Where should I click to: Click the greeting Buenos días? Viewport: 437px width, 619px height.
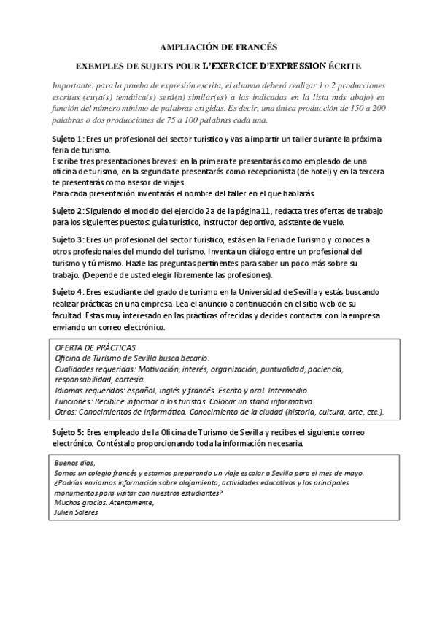pyautogui.click(x=74, y=463)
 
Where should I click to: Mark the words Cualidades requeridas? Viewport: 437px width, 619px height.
pyautogui.click(x=95, y=369)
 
